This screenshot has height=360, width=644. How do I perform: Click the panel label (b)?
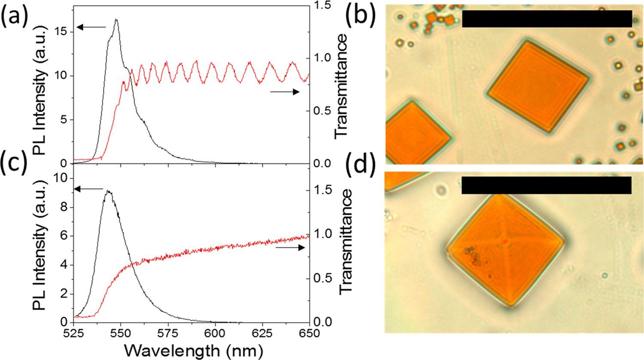tap(361, 16)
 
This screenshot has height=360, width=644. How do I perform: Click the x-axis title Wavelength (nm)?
tap(194, 351)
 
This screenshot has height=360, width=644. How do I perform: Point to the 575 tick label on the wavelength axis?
tap(167, 333)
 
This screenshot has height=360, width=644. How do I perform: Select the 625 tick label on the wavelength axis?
tap(262, 333)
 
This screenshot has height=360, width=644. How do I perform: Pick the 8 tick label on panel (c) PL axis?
tap(64, 207)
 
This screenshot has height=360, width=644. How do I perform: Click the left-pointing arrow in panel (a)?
tap(91, 27)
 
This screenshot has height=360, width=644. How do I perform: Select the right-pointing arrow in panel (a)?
tap(285, 92)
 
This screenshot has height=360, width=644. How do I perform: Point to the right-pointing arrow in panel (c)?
tap(290, 248)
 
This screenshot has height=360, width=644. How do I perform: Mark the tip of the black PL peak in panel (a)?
tap(116, 19)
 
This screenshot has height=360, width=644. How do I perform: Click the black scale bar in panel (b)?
tap(547, 19)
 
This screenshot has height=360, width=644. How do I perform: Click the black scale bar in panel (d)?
tap(547, 185)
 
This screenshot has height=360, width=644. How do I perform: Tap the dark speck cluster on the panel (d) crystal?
tap(471, 255)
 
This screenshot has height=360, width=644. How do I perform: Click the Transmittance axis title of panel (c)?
tap(345, 242)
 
